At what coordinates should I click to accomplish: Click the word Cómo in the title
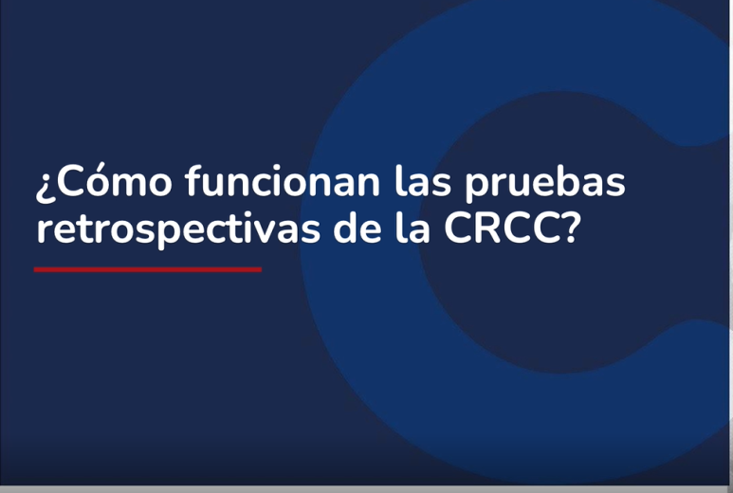point(114,182)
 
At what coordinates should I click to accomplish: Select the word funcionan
point(283,181)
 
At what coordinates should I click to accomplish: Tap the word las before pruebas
point(423,181)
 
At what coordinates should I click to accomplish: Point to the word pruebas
point(545,184)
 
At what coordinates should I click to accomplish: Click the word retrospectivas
point(178,228)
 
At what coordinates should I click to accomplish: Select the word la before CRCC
point(412,228)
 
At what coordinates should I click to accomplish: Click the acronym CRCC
point(503,228)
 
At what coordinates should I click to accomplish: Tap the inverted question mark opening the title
point(45,187)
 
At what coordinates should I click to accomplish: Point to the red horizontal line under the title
point(148,269)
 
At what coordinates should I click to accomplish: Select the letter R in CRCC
point(487,228)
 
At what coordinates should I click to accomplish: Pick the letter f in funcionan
point(192,180)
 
